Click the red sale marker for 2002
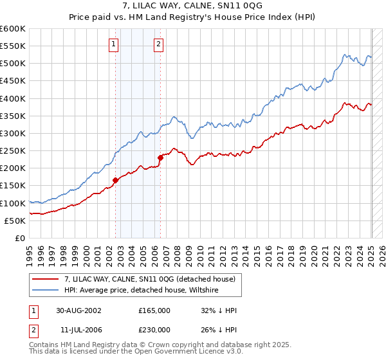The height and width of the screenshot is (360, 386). tap(116, 181)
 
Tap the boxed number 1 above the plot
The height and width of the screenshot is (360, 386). tap(113, 44)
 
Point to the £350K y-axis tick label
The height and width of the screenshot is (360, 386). tap(13, 116)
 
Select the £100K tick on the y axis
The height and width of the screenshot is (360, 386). tap(13, 203)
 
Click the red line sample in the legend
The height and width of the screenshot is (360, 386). tap(46, 279)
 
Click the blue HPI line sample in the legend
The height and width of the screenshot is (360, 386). tap(46, 291)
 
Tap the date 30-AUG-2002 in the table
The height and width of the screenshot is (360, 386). tap(78, 310)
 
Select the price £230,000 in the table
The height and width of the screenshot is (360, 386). tap(154, 329)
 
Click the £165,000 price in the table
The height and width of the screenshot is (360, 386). tap(154, 310)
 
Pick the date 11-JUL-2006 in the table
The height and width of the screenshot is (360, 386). tap(78, 329)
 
